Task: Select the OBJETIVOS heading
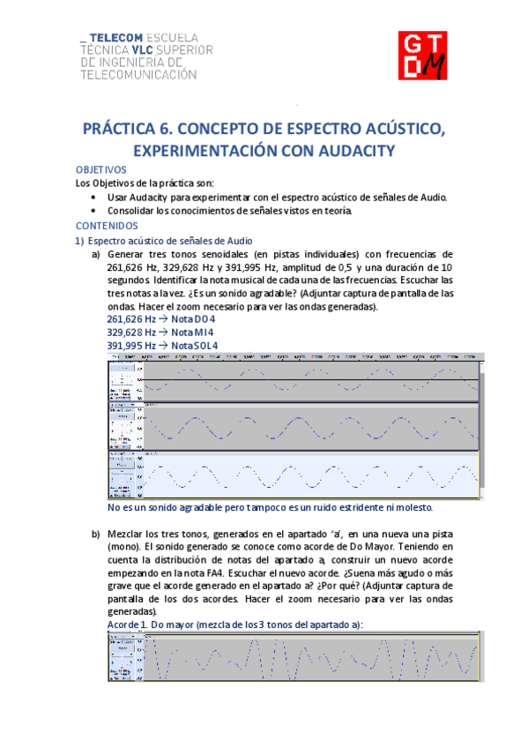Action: click(102, 169)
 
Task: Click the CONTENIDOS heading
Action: click(105, 225)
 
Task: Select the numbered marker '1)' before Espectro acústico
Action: click(79, 240)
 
